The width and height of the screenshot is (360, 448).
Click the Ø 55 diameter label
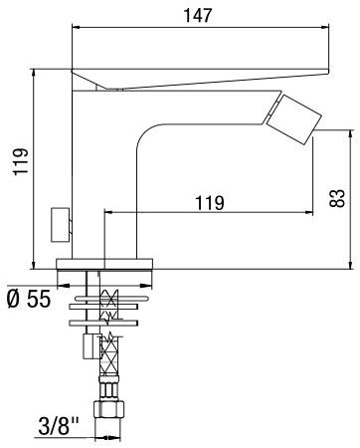(27, 298)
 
